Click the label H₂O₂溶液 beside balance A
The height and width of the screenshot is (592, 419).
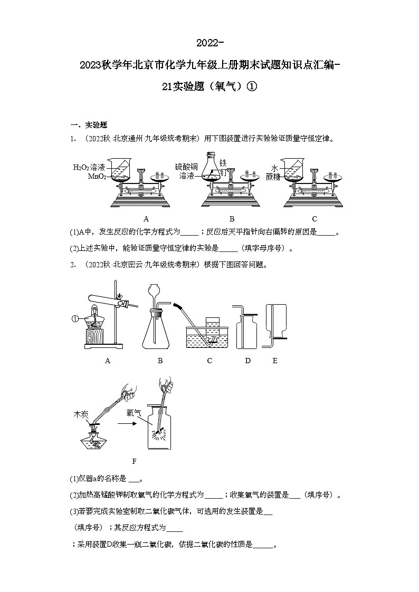tap(89, 167)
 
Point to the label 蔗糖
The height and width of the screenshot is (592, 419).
tap(273, 177)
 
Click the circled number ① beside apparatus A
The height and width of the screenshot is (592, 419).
tap(74, 319)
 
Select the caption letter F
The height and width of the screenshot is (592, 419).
tap(134, 461)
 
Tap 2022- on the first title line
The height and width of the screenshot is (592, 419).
tap(210, 42)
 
